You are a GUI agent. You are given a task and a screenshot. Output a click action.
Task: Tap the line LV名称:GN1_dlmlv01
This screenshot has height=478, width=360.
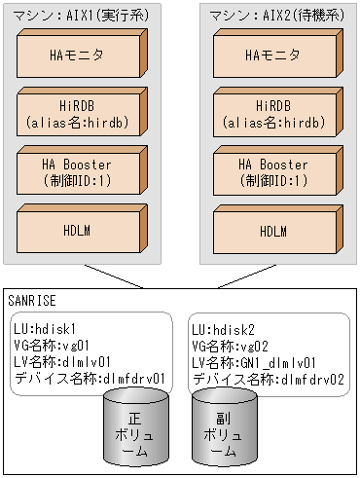[x=250, y=360]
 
